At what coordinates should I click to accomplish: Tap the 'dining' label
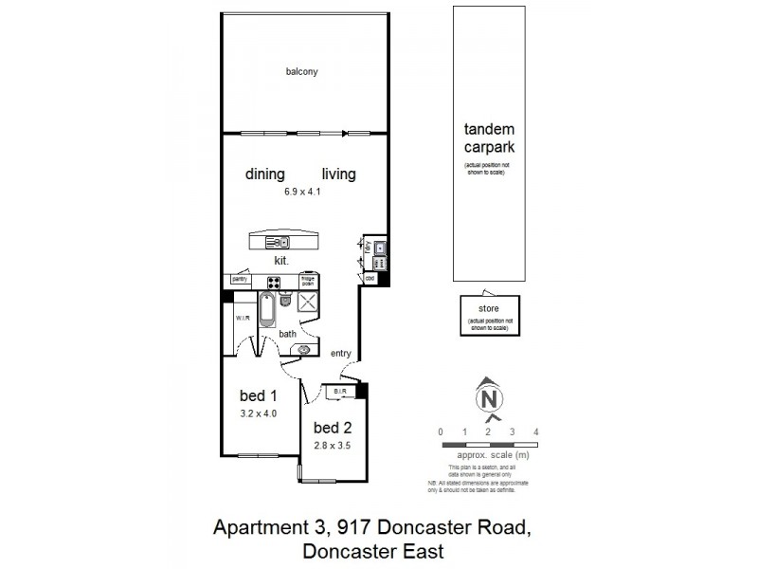point(265,174)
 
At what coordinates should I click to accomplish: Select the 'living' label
point(338,174)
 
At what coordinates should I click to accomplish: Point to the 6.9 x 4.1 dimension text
point(302,193)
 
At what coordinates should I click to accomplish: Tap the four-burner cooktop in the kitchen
point(273,281)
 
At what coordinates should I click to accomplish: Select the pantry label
point(240,280)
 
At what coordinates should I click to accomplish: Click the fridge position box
point(308,281)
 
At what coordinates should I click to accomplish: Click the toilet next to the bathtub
point(285,301)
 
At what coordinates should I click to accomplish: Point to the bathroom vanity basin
point(305,349)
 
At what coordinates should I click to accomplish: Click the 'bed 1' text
point(258,395)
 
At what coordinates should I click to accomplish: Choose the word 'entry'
point(341,354)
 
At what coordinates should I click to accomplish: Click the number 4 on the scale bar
point(536,432)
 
